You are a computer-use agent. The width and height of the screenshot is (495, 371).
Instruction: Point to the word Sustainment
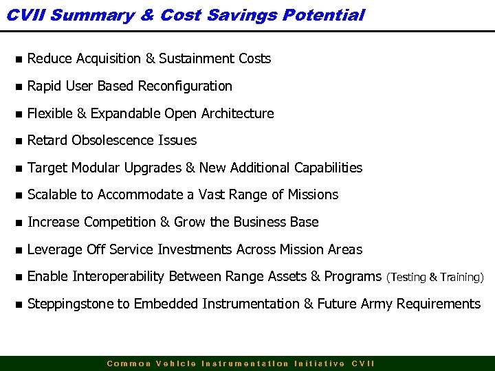pyautogui.click(x=198, y=59)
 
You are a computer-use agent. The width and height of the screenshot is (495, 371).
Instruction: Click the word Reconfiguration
pyautogui.click(x=185, y=87)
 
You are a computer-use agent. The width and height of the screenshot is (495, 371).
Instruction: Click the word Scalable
pyautogui.click(x=52, y=195)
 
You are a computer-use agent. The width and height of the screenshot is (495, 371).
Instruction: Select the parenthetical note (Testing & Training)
pyautogui.click(x=435, y=278)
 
